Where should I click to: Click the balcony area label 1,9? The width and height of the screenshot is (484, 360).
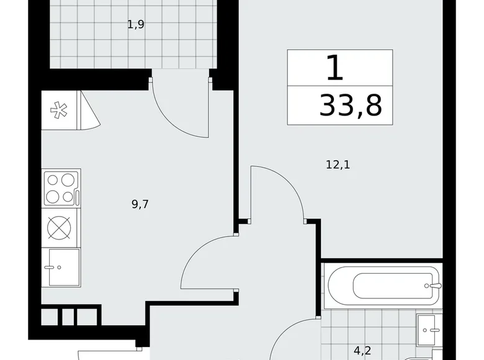(x=136, y=24)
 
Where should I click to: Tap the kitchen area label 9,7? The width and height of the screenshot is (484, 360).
(x=140, y=204)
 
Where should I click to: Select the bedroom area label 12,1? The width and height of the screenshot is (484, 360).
(x=338, y=164)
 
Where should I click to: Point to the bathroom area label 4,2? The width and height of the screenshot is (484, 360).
(x=362, y=351)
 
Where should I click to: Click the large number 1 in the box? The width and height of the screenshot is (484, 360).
(x=335, y=67)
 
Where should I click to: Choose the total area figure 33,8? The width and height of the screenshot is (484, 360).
(x=351, y=106)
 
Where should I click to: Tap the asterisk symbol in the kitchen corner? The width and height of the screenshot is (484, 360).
(x=59, y=110)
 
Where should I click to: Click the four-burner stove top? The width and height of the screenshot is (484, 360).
(x=61, y=188)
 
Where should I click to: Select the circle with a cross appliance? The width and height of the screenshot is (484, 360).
(x=59, y=228)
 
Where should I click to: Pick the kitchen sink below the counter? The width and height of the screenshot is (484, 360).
(x=64, y=268)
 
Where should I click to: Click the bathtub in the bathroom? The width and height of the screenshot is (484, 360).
(x=383, y=286)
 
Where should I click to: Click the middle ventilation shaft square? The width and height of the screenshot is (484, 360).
(x=68, y=317)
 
